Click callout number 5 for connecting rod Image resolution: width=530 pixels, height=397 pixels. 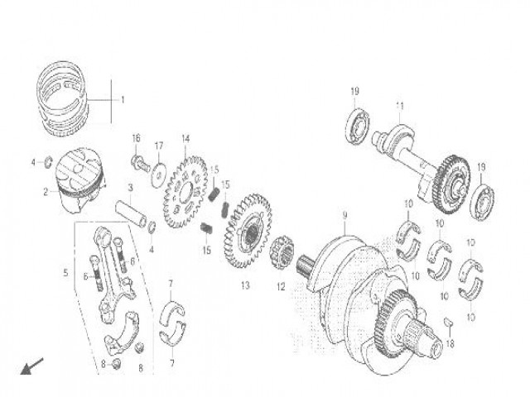[x=66, y=270]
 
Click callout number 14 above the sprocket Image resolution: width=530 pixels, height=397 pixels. [x=185, y=138]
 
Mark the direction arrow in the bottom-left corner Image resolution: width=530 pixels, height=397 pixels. [x=31, y=366]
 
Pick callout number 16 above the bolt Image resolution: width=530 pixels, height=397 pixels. [x=137, y=138]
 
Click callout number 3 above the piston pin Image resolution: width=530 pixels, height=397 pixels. [x=131, y=188]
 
